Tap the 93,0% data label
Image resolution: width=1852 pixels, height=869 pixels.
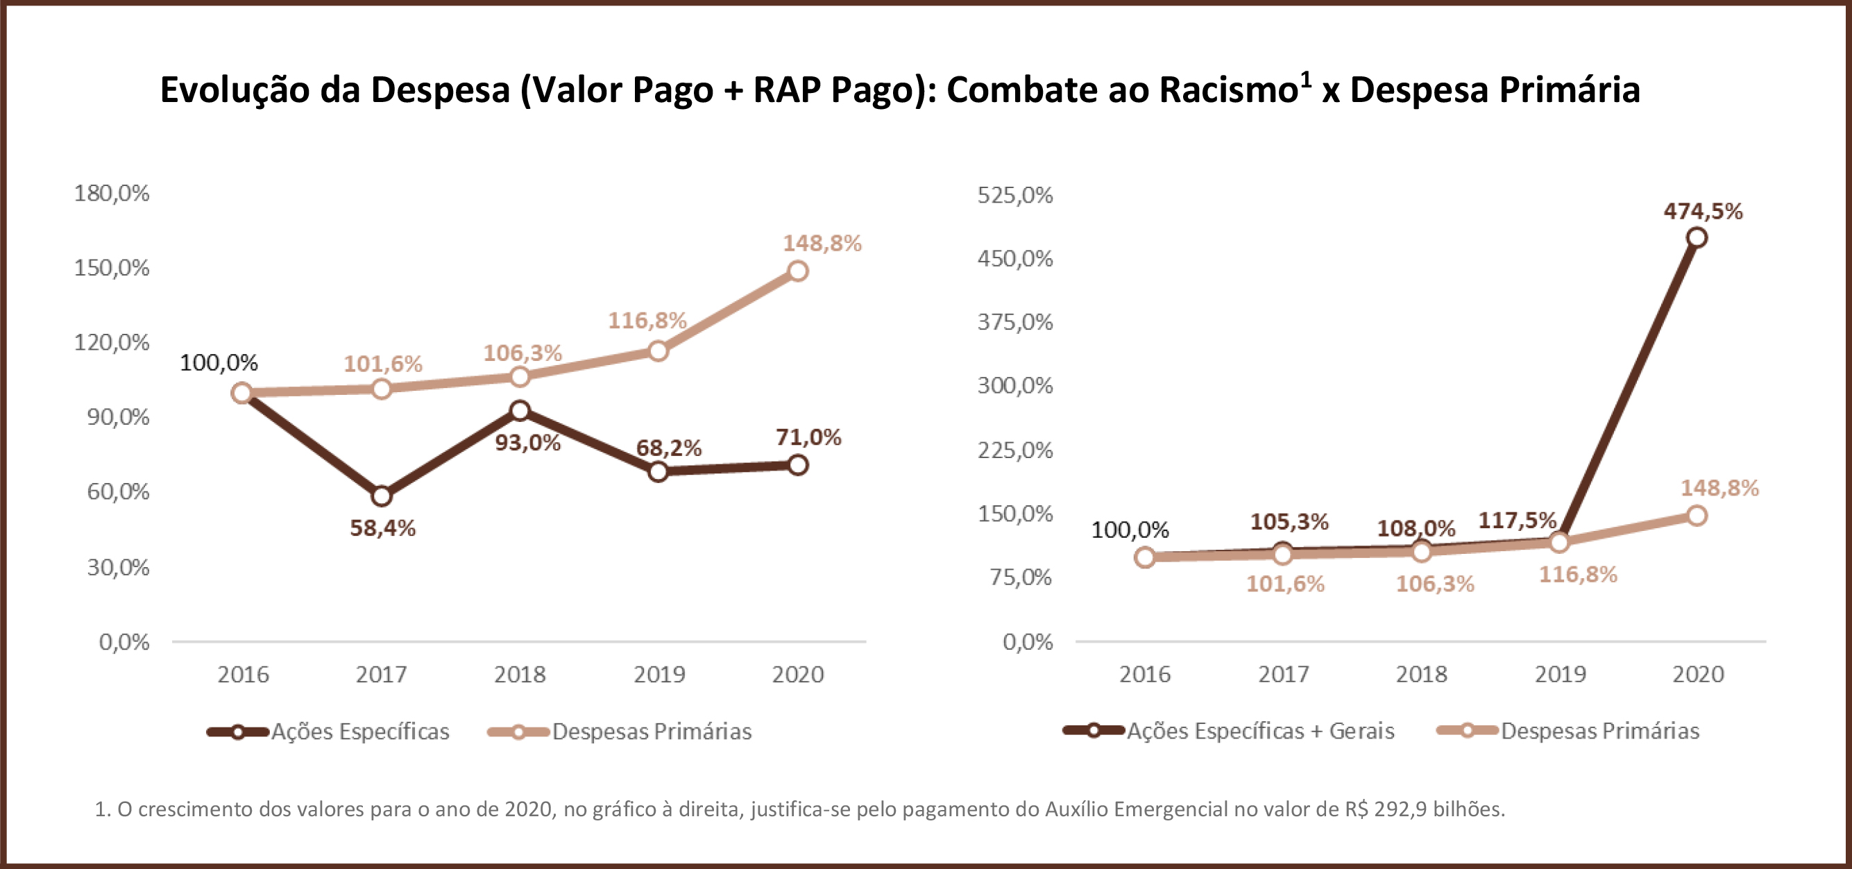(x=527, y=442)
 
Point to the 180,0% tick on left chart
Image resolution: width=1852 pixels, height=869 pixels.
(x=112, y=193)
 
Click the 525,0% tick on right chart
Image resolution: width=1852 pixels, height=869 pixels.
(x=1014, y=195)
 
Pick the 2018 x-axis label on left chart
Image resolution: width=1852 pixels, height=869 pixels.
(x=519, y=675)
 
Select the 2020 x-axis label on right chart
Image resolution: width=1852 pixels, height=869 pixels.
(x=1697, y=675)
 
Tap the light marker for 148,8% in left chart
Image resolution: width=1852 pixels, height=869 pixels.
(x=797, y=271)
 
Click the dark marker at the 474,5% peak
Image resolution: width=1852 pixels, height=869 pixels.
(x=1697, y=237)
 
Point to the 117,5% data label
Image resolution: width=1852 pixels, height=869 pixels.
(x=1517, y=520)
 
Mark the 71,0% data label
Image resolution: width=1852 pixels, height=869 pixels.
(x=808, y=437)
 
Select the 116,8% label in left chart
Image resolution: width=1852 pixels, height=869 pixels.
(x=647, y=321)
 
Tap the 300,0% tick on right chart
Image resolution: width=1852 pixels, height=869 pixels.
(x=1014, y=386)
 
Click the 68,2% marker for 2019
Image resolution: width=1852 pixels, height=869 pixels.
(x=658, y=472)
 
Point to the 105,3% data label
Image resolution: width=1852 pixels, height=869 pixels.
(x=1289, y=521)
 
